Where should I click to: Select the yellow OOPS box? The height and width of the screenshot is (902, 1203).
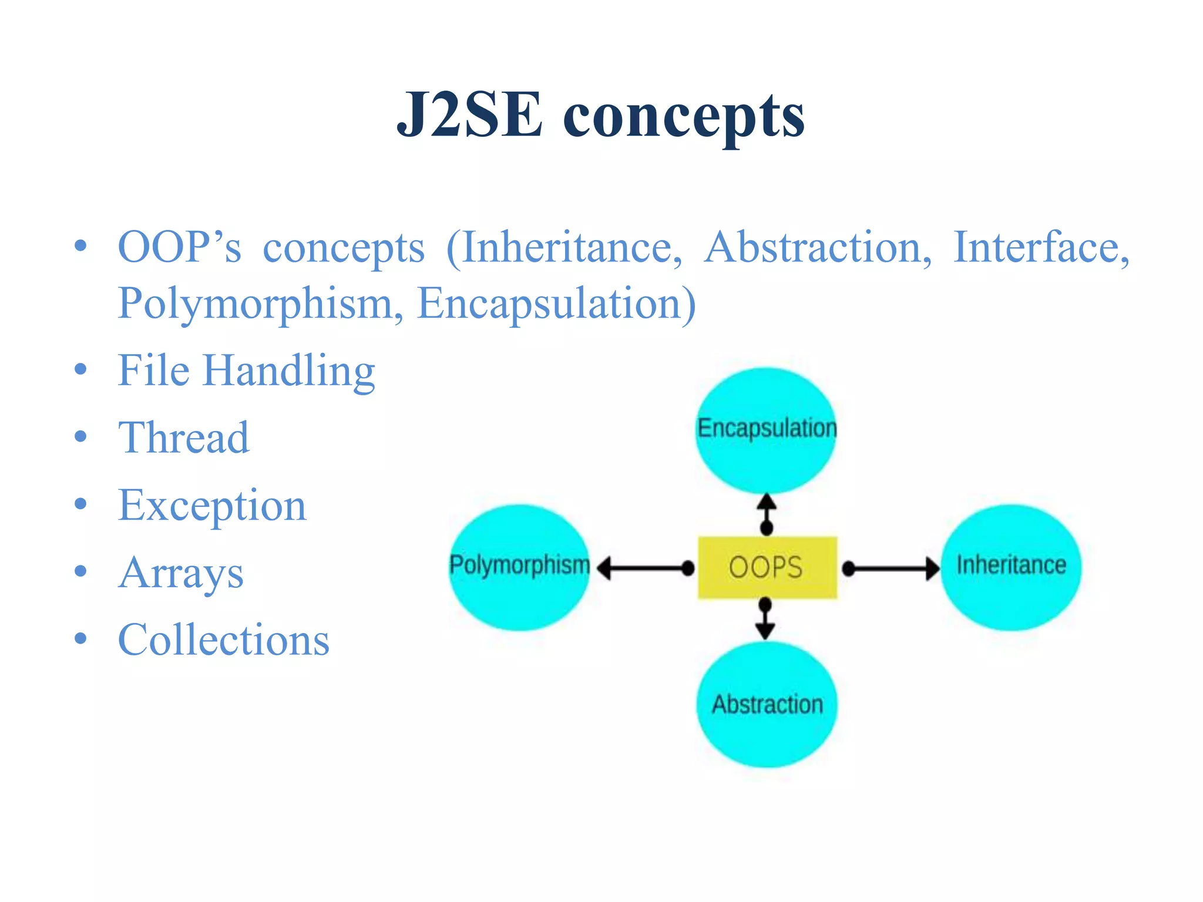coord(767,567)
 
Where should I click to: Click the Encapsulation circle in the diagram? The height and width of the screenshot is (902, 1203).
coord(766,430)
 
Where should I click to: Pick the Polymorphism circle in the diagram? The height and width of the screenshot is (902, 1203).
coord(519,567)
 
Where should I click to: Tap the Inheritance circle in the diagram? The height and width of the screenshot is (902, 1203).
coord(1011,567)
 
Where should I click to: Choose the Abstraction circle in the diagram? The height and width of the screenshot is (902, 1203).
coord(767,704)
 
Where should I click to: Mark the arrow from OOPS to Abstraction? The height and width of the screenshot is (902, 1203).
coord(765,620)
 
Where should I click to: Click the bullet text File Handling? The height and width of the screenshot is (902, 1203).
coord(246,371)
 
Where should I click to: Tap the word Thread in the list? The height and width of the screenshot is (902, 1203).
coord(184,438)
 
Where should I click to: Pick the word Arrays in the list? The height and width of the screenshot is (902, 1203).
coord(181,573)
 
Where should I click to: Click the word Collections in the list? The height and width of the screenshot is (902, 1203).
coord(224,640)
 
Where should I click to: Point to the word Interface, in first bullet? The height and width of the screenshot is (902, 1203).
coord(1040,247)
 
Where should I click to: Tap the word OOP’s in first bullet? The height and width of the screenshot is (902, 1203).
coord(179,247)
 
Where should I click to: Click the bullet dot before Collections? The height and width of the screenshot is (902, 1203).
coord(81,638)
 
